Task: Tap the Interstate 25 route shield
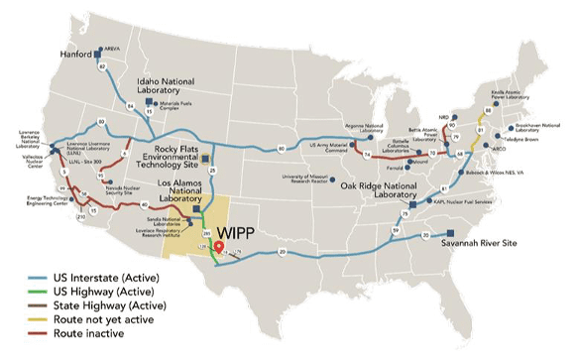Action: click(211, 171)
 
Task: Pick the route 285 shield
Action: click(206, 231)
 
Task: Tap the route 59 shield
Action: click(396, 231)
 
